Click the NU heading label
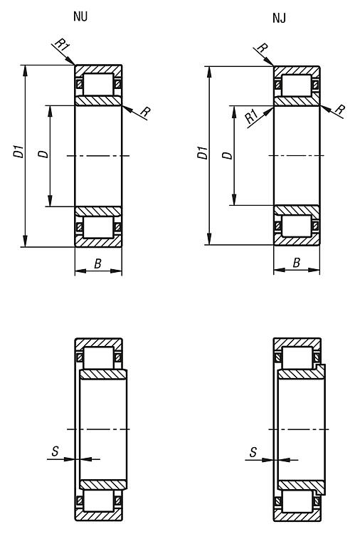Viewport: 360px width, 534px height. pos(80,16)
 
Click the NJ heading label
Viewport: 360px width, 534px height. pos(279,18)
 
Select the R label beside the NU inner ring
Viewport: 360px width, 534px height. pos(146,112)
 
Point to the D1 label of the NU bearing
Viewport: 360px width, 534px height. pos(18,152)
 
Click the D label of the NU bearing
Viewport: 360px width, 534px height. pos(43,154)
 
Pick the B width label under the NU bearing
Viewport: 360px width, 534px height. pos(97,263)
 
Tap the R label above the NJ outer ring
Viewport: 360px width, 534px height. pos(262,48)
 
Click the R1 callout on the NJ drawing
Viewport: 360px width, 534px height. pos(252,117)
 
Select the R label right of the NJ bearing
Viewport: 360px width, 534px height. pos(339,110)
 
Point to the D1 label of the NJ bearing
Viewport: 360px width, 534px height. pos(203,152)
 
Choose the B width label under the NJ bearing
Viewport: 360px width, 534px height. pos(297,263)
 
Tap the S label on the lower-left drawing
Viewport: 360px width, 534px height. pos(55,451)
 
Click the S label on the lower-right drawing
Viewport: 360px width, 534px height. pos(253,452)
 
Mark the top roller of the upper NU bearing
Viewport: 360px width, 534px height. pos(98,84)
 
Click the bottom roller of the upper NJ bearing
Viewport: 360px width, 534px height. pos(297,226)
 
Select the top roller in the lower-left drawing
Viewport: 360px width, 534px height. pos(98,358)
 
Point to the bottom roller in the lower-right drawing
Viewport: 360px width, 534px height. pos(297,501)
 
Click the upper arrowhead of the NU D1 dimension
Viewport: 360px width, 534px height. pos(25,70)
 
